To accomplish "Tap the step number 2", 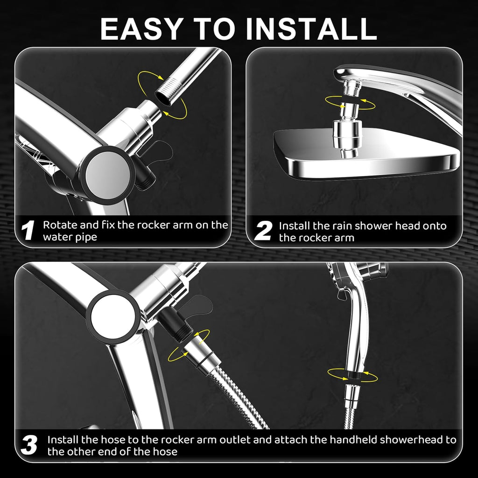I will point(264,231).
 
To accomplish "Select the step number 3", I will point(29,445).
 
